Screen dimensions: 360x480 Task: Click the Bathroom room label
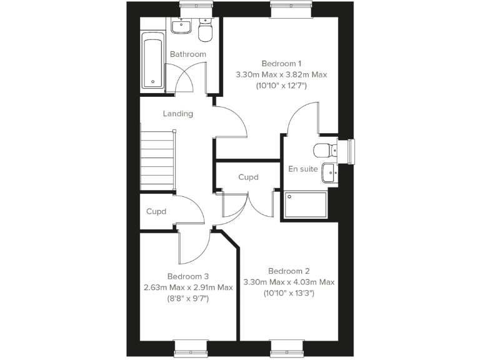pyautogui.click(x=187, y=54)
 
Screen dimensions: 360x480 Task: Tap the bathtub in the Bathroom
pyautogui.click(x=152, y=63)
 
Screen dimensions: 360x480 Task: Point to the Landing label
pyautogui.click(x=177, y=114)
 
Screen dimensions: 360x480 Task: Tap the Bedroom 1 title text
pyautogui.click(x=281, y=63)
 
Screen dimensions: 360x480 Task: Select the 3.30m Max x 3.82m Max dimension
pyautogui.click(x=281, y=75)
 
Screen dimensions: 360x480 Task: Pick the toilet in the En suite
pyautogui.click(x=324, y=149)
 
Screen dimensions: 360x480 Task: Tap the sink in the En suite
pyautogui.click(x=329, y=170)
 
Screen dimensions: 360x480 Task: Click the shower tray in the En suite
pyautogui.click(x=306, y=206)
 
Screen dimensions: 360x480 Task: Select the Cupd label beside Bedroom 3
pyautogui.click(x=156, y=211)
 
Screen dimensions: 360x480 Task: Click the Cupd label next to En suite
pyautogui.click(x=248, y=177)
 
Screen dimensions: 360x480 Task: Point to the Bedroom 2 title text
pyautogui.click(x=289, y=271)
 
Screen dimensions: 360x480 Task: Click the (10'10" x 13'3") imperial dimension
pyautogui.click(x=289, y=292)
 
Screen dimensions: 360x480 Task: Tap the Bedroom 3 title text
pyautogui.click(x=187, y=276)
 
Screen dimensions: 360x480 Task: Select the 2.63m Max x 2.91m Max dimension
pyautogui.click(x=187, y=287)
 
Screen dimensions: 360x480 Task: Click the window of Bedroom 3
pyautogui.click(x=190, y=344)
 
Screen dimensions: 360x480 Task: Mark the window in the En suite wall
pyautogui.click(x=351, y=152)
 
